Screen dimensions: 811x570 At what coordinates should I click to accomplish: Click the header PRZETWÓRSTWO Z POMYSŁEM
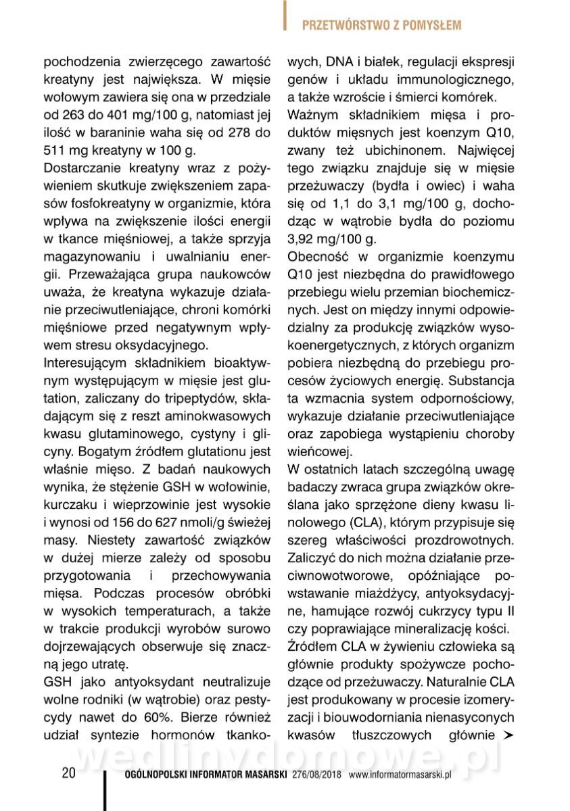pyautogui.click(x=381, y=26)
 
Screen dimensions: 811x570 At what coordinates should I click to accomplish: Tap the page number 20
pyautogui.click(x=68, y=773)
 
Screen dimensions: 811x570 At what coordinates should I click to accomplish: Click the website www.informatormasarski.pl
pyautogui.click(x=400, y=775)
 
